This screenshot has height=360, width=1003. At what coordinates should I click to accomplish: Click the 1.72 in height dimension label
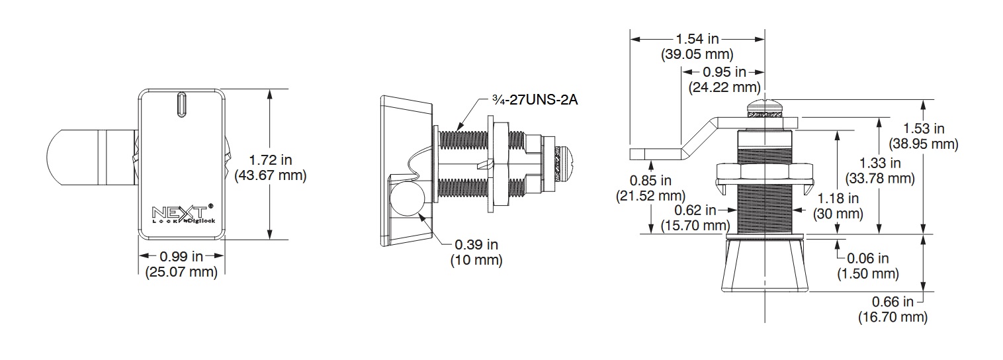coord(270,159)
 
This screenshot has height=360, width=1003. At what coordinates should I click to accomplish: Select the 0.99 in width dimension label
coord(181,256)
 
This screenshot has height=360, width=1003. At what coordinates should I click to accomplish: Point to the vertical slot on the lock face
coord(181,105)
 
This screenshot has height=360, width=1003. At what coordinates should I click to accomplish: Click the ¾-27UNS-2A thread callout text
coord(535,99)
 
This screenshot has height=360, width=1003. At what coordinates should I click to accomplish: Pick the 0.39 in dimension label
coord(476,244)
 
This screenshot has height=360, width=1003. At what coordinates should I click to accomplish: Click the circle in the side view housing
coord(407,199)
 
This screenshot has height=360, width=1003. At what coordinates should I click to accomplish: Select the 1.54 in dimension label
coord(697,39)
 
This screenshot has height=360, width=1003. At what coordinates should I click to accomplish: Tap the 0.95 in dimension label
coord(724,71)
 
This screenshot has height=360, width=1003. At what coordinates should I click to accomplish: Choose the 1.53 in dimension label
coord(924,128)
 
